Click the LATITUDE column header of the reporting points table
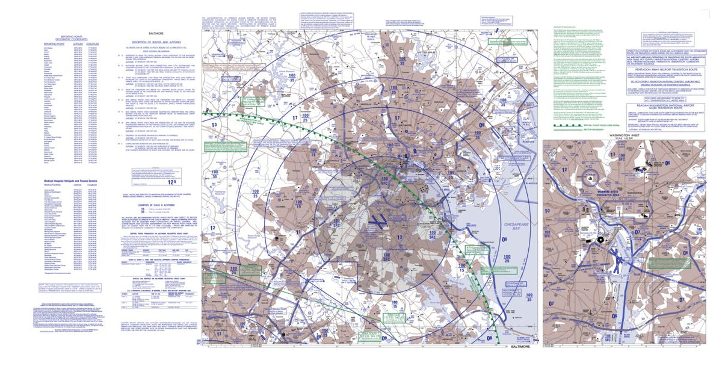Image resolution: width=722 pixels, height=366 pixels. pyautogui.click(x=78, y=43)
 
